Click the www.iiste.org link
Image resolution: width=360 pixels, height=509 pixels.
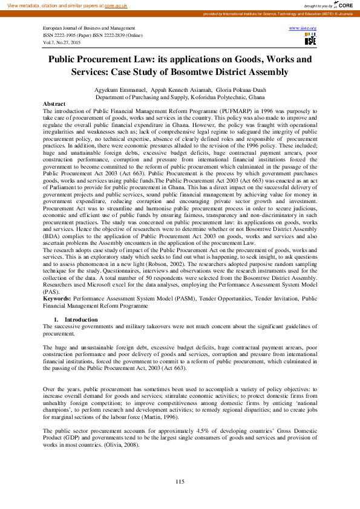pyautogui.click(x=303, y=28)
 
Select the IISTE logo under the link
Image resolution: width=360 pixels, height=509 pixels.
pyautogui.click(x=310, y=39)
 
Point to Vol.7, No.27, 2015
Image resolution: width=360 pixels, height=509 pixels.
pyautogui.click(x=62, y=43)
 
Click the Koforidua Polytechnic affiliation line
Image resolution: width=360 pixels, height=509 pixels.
pyautogui.click(x=180, y=97)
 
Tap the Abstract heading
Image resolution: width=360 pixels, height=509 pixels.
pyautogui.click(x=54, y=104)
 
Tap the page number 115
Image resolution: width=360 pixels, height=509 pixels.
pyautogui.click(x=180, y=481)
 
